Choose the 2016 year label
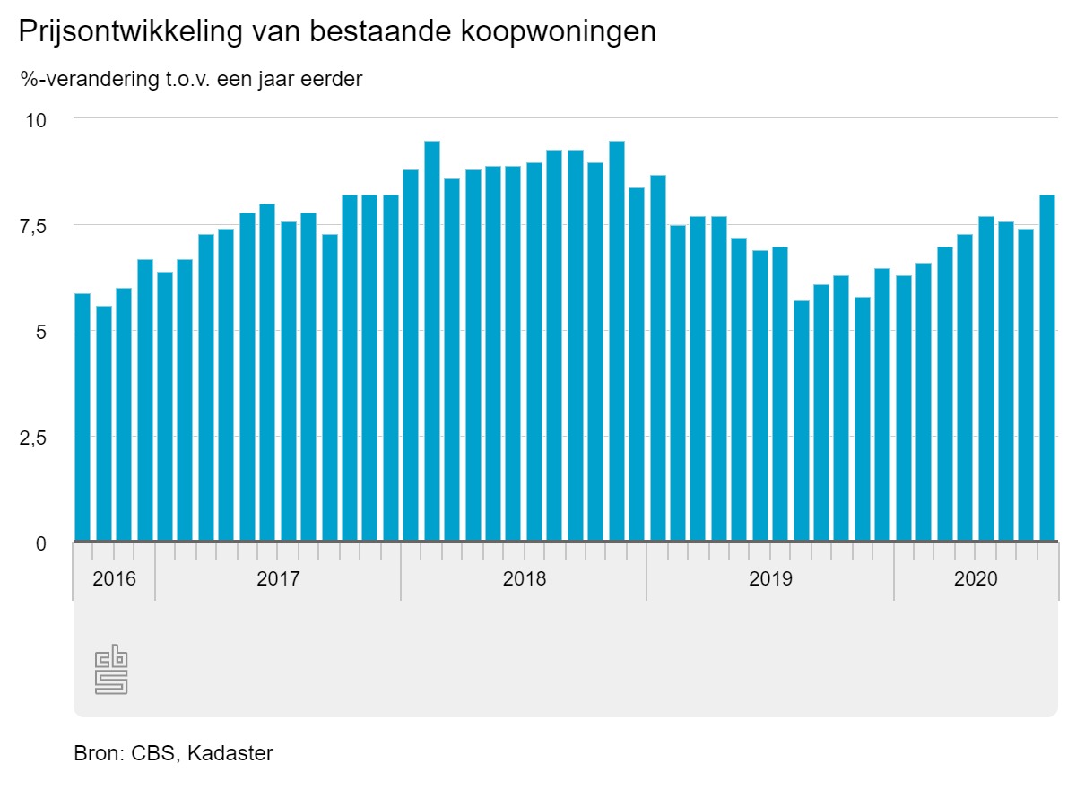[x=115, y=579]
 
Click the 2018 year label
[x=525, y=579]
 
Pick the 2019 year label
[x=770, y=579]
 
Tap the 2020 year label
[x=976, y=579]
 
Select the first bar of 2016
[x=82, y=417]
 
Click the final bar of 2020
[x=1047, y=368]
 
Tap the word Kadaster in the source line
[x=230, y=753]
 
